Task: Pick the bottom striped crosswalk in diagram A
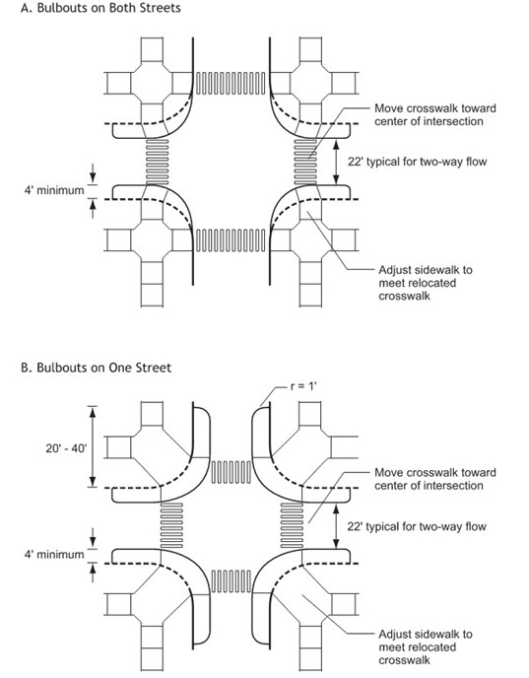point(231,238)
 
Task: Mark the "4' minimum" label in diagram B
point(46,555)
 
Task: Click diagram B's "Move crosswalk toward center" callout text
point(428,479)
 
